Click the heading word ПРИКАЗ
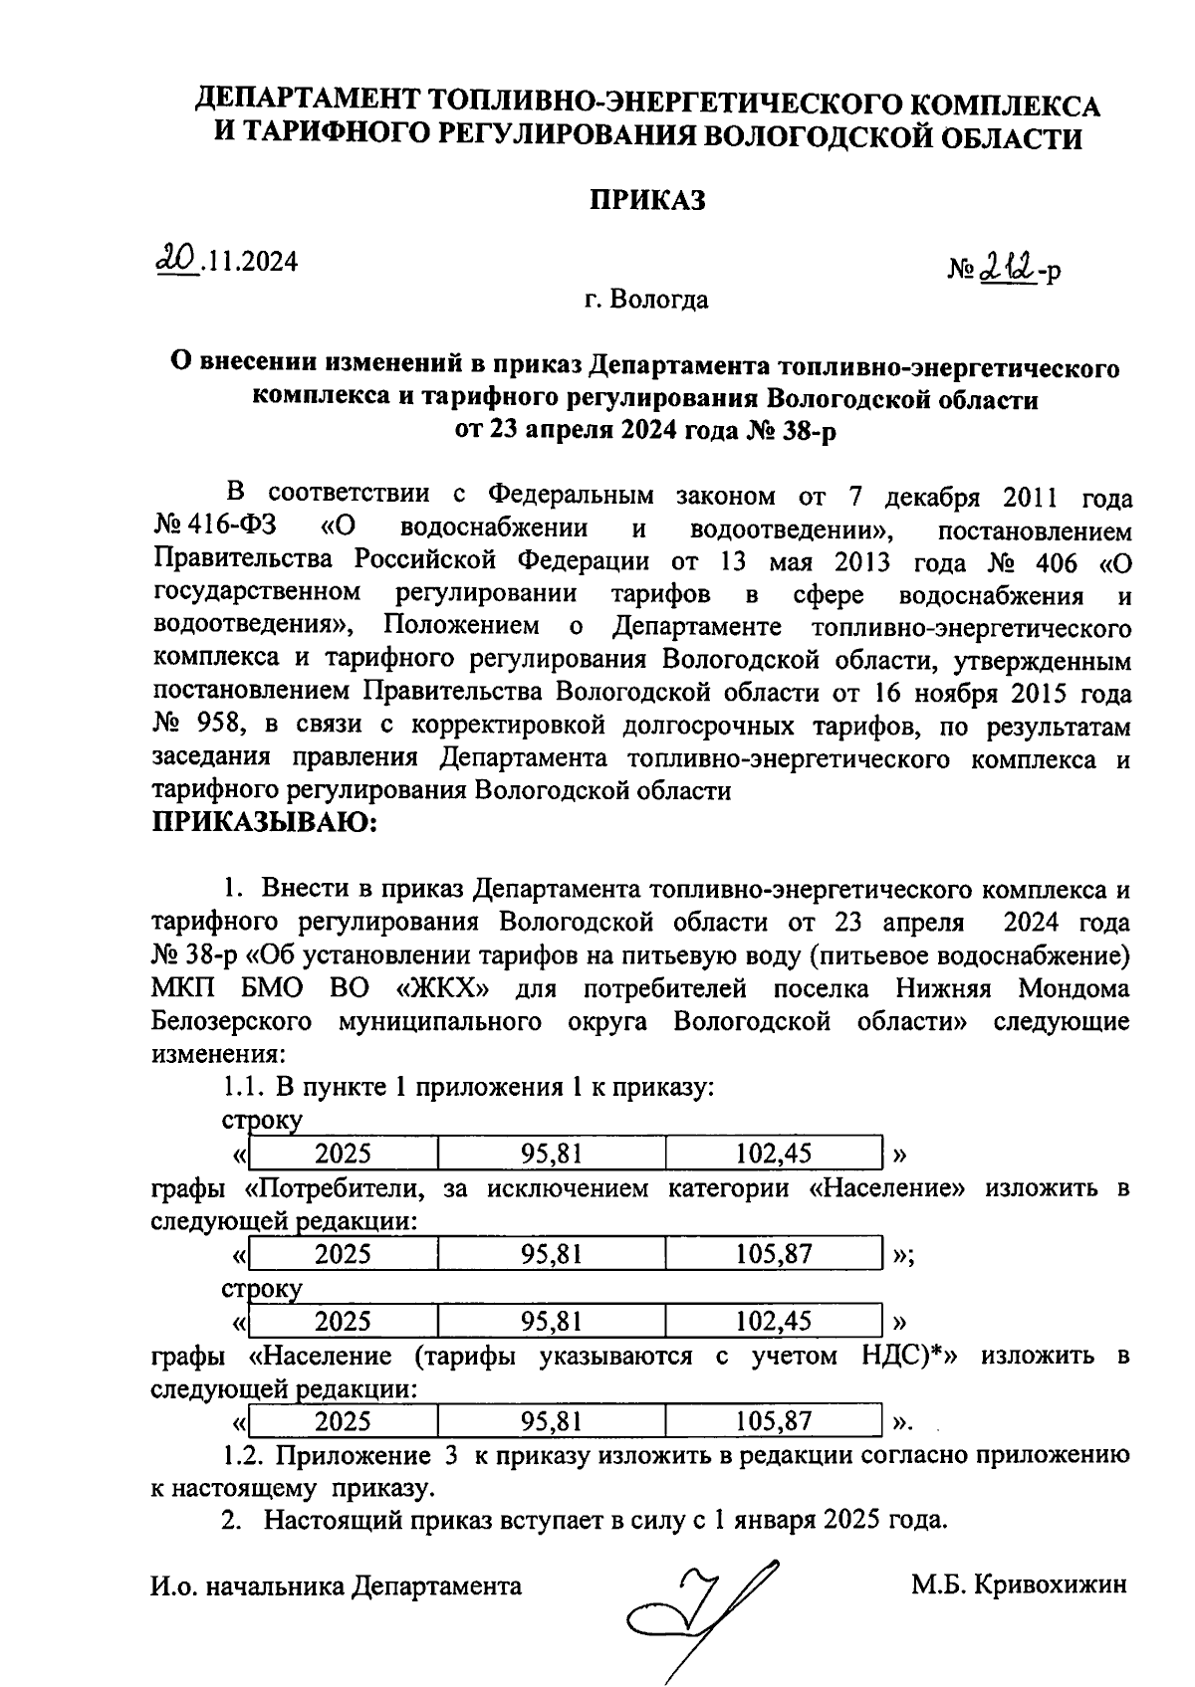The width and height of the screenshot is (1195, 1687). tap(647, 200)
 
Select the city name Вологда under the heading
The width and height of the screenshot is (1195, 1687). tap(661, 299)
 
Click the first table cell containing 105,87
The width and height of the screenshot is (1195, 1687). tap(774, 1253)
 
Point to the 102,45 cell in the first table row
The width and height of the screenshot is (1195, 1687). tap(774, 1154)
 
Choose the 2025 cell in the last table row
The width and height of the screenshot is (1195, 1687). tap(343, 1420)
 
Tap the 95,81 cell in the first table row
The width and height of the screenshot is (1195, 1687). tap(551, 1154)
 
